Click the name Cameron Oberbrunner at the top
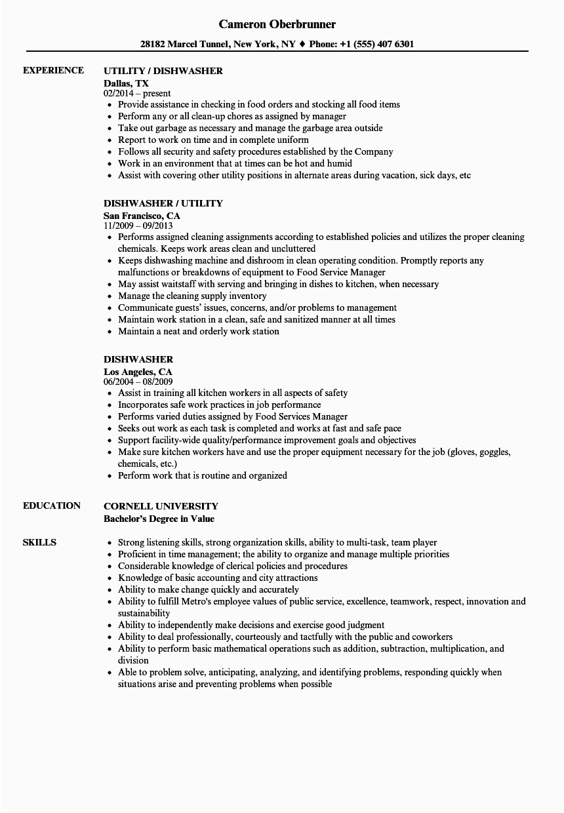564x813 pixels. coord(277,24)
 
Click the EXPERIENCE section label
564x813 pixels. coord(53,70)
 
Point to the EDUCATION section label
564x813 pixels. coord(52,506)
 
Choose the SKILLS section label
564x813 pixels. coord(39,542)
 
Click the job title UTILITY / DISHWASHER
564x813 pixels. coord(163,71)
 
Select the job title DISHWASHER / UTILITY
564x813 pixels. coord(163,203)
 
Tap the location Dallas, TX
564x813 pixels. coord(126,83)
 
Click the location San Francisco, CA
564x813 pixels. coord(142,216)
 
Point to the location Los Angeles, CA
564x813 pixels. coord(138,372)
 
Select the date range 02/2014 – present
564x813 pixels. coord(137,94)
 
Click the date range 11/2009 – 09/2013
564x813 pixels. coord(142,226)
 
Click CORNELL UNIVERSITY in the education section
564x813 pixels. coord(161,506)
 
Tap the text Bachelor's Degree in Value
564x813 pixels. coord(159,519)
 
